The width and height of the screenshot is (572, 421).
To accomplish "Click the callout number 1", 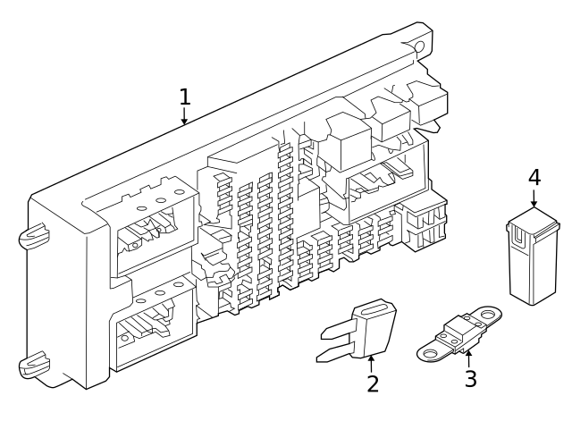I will (184, 96).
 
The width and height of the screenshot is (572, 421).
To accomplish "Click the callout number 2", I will (373, 383).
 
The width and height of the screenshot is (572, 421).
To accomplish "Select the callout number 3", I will (470, 377).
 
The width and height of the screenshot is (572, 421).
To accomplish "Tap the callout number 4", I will (534, 177).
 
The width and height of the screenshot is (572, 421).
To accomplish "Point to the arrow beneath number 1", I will (184, 116).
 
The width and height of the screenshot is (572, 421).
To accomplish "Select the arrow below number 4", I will (534, 201).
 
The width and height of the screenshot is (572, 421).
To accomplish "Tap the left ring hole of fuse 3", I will (427, 352).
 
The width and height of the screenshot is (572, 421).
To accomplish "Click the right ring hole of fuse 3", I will (490, 314).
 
